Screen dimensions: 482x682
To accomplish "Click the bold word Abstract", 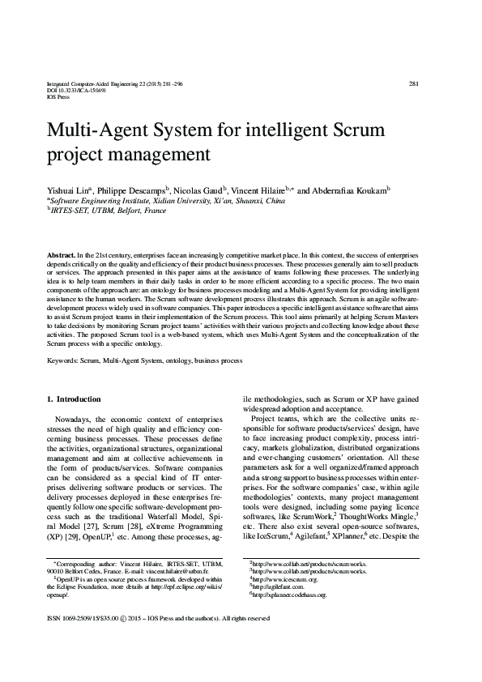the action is (63, 254).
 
